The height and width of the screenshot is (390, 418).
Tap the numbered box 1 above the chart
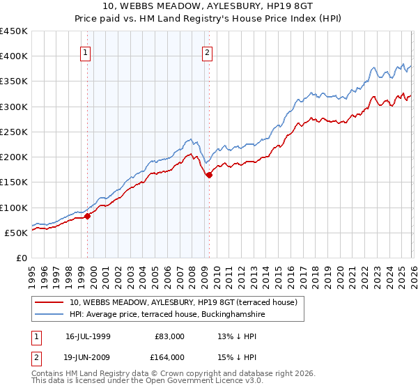[85, 52]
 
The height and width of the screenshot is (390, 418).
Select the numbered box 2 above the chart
[208, 52]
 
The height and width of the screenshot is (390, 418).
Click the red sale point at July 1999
[88, 217]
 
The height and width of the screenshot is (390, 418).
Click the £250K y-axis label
[14, 132]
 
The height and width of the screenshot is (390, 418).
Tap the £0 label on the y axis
[21, 258]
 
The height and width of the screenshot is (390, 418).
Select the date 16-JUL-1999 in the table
[89, 336]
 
